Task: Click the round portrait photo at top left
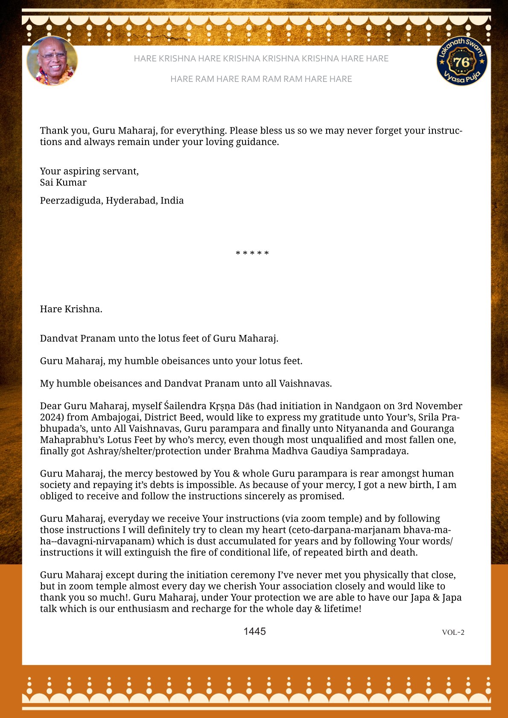pyautogui.click(x=52, y=61)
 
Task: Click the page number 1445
pyautogui.click(x=254, y=631)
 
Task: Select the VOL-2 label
pyautogui.click(x=453, y=632)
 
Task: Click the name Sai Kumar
pyautogui.click(x=63, y=183)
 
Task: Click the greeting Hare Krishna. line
pyautogui.click(x=71, y=309)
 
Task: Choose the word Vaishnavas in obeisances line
pyautogui.click(x=305, y=384)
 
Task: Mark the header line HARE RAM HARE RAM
pyautogui.click(x=261, y=79)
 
